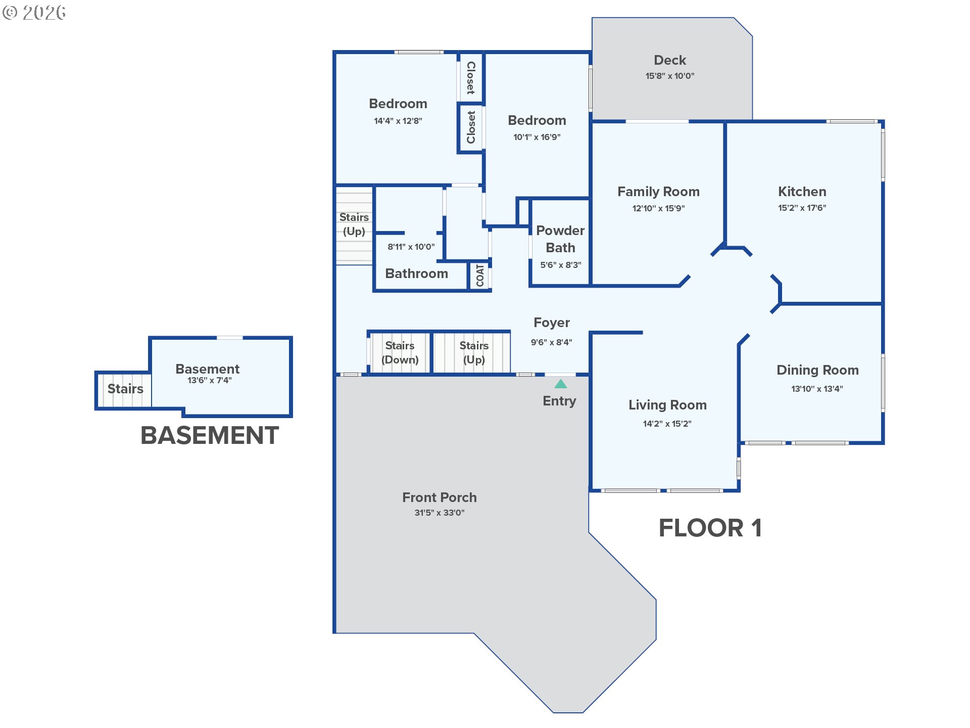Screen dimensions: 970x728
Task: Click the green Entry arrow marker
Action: coord(560,384)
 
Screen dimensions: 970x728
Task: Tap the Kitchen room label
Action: coord(802,192)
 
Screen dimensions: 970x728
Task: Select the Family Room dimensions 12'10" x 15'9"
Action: coord(658,208)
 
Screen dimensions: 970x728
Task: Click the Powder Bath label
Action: coord(560,239)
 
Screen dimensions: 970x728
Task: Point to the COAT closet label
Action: coord(480,276)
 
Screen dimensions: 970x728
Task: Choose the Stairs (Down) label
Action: coord(400,352)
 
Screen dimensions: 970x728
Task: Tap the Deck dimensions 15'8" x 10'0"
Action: coord(670,76)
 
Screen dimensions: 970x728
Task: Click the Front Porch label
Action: coord(440,497)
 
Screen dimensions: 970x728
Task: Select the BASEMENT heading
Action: coord(210,435)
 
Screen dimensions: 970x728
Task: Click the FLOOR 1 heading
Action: coord(710,528)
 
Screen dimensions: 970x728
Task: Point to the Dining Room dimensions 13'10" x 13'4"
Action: coord(817,389)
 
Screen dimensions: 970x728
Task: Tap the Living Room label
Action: coord(667,405)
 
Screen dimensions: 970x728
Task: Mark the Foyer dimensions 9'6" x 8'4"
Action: coord(551,342)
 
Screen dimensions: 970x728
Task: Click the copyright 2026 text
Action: coord(34,13)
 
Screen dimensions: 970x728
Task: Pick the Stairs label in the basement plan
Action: coord(125,389)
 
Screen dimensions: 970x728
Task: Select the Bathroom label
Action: coord(416,274)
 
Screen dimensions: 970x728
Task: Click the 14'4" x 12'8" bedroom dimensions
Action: coord(398,121)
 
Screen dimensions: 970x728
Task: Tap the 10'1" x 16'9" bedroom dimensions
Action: coord(537,137)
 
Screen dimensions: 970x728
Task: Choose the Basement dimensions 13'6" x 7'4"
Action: coord(210,380)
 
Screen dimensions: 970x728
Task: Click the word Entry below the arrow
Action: coord(559,401)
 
